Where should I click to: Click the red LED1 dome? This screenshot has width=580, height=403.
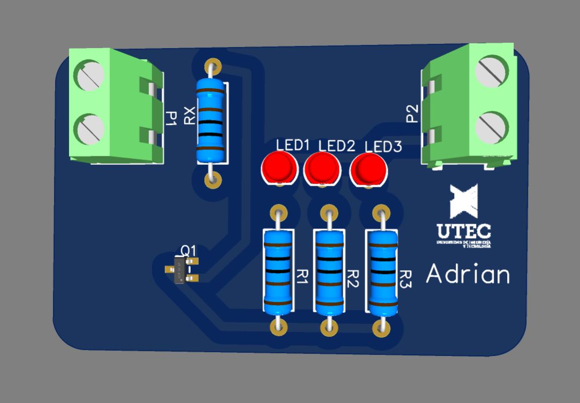(x=280, y=167)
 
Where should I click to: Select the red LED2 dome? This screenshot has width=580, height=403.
(x=322, y=168)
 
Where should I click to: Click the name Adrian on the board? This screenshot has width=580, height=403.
(x=468, y=275)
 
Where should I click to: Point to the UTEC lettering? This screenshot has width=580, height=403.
(x=463, y=231)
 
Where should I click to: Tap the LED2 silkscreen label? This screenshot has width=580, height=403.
(x=337, y=146)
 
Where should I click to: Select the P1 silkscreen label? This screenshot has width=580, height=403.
(x=171, y=118)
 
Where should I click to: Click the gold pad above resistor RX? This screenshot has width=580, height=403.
(x=212, y=66)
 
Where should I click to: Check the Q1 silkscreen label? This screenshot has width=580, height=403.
(x=189, y=250)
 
